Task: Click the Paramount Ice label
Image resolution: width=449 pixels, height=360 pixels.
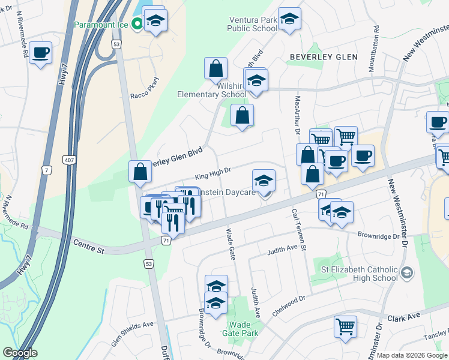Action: point(102,25)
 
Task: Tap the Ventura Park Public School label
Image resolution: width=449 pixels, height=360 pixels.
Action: point(253,24)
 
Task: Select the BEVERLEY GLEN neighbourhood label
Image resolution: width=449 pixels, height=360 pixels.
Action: point(324,57)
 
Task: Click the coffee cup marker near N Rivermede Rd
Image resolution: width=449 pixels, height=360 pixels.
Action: point(41,53)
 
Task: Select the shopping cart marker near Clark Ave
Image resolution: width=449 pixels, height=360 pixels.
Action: point(345,326)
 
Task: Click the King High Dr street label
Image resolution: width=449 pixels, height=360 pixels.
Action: point(212,174)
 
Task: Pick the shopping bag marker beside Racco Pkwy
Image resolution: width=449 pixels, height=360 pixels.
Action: point(215,69)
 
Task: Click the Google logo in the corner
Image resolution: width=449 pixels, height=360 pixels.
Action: point(19,353)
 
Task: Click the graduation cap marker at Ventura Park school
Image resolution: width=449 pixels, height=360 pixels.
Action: point(289,20)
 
